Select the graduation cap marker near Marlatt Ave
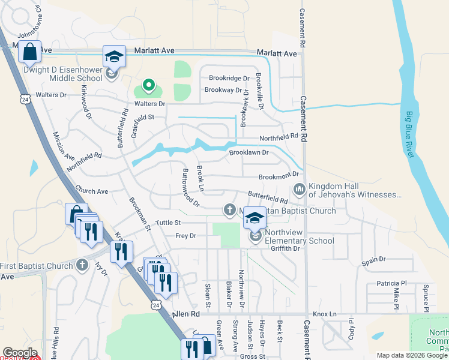(x=114, y=57)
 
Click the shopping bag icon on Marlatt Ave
(x=29, y=52)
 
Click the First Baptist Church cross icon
(x=82, y=266)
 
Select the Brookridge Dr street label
(x=229, y=78)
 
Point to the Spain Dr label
(x=374, y=260)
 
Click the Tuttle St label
(x=168, y=223)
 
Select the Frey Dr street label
(x=185, y=236)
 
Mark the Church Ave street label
(x=91, y=191)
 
